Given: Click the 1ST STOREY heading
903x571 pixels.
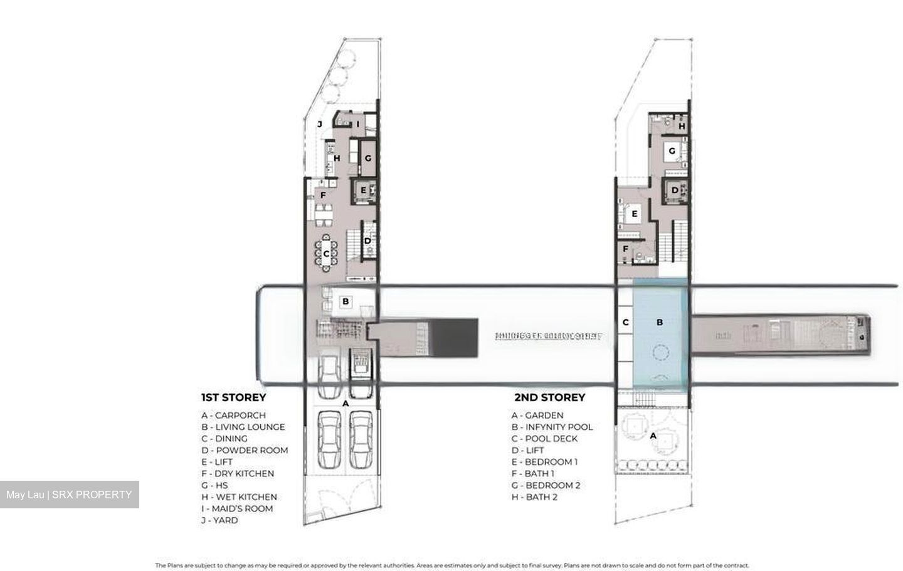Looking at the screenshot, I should (x=233, y=397).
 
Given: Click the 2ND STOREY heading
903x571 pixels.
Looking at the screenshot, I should (x=549, y=397).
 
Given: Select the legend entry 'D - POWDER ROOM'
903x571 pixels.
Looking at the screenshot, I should (x=245, y=450).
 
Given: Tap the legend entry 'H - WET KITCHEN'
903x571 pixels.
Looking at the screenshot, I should (x=239, y=497).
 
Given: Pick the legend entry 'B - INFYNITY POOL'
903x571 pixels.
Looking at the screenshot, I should (x=552, y=427).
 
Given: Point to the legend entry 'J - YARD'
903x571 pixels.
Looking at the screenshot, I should (x=219, y=520).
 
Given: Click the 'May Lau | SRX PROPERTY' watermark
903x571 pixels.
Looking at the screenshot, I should (x=69, y=495).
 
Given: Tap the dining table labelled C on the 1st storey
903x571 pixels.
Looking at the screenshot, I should (x=326, y=254).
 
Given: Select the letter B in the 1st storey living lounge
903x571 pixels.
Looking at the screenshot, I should (x=345, y=301).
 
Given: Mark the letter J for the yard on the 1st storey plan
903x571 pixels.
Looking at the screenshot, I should (x=319, y=124).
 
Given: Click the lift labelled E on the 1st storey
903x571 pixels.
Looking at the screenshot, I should (x=363, y=190).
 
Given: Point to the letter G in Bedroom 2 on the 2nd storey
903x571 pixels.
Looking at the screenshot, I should (x=672, y=151).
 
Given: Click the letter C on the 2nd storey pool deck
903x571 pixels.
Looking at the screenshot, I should (x=625, y=322).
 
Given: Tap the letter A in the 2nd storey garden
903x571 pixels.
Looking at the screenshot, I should (x=653, y=435).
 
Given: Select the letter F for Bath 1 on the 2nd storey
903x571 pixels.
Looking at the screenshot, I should (x=625, y=249).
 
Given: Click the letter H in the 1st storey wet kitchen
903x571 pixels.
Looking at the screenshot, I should (x=337, y=159).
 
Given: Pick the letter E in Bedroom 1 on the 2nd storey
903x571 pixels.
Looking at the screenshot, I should (x=635, y=214).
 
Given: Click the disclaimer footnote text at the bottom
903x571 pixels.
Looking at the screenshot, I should (x=451, y=565).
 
